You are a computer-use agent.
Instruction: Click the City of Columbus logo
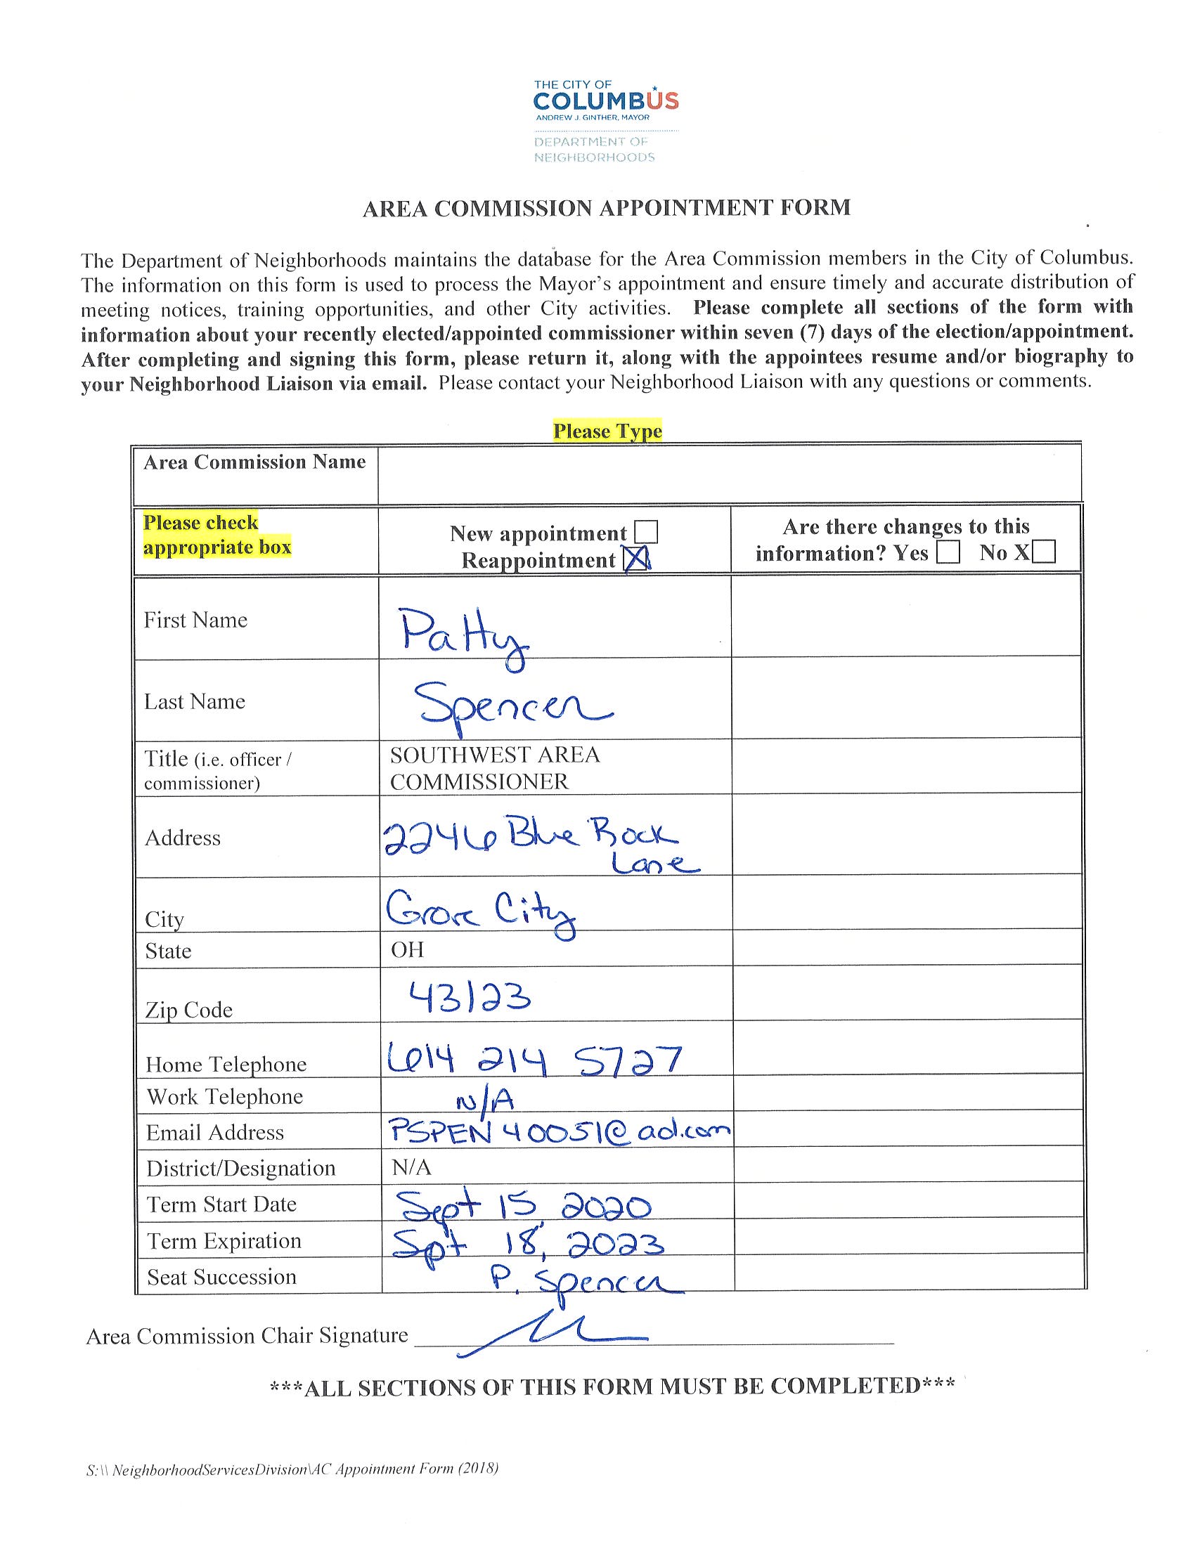pos(605,121)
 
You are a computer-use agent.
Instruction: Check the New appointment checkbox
pos(645,532)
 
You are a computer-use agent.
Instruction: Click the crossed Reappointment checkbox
pos(635,560)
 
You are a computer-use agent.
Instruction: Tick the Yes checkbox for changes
pos(948,552)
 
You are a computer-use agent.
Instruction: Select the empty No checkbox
pos(1043,552)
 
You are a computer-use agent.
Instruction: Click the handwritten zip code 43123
pos(470,999)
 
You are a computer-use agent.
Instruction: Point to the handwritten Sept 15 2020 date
pos(522,1205)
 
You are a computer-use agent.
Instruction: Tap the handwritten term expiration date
pos(528,1242)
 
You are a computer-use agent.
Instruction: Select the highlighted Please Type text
pos(607,431)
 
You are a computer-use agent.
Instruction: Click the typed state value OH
pos(407,949)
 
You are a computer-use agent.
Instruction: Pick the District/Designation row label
pos(240,1169)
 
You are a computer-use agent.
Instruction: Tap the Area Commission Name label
pos(254,462)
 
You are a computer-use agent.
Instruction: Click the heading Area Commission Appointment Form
pos(606,208)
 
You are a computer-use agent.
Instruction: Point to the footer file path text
pos(292,1469)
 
